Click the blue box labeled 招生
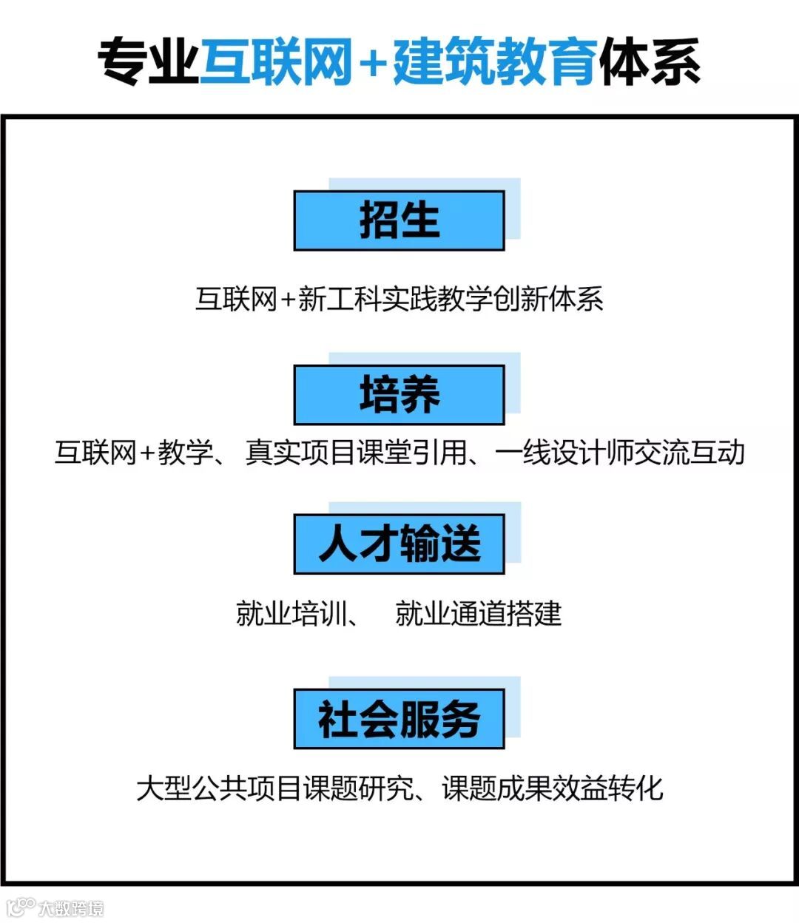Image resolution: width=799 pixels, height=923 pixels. click(x=399, y=220)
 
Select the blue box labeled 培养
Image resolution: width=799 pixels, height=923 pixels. click(x=399, y=394)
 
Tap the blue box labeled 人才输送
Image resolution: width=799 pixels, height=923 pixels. click(x=399, y=544)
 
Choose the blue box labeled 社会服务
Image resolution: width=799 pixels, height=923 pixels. click(x=399, y=718)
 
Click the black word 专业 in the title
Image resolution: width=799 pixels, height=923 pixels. click(x=148, y=61)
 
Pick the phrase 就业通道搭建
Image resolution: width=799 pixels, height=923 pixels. click(x=478, y=614)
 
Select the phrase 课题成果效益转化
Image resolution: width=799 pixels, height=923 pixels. click(x=552, y=788)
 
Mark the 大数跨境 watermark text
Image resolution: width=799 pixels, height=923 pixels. click(x=71, y=908)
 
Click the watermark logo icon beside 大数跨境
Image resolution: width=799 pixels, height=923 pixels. click(x=21, y=907)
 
